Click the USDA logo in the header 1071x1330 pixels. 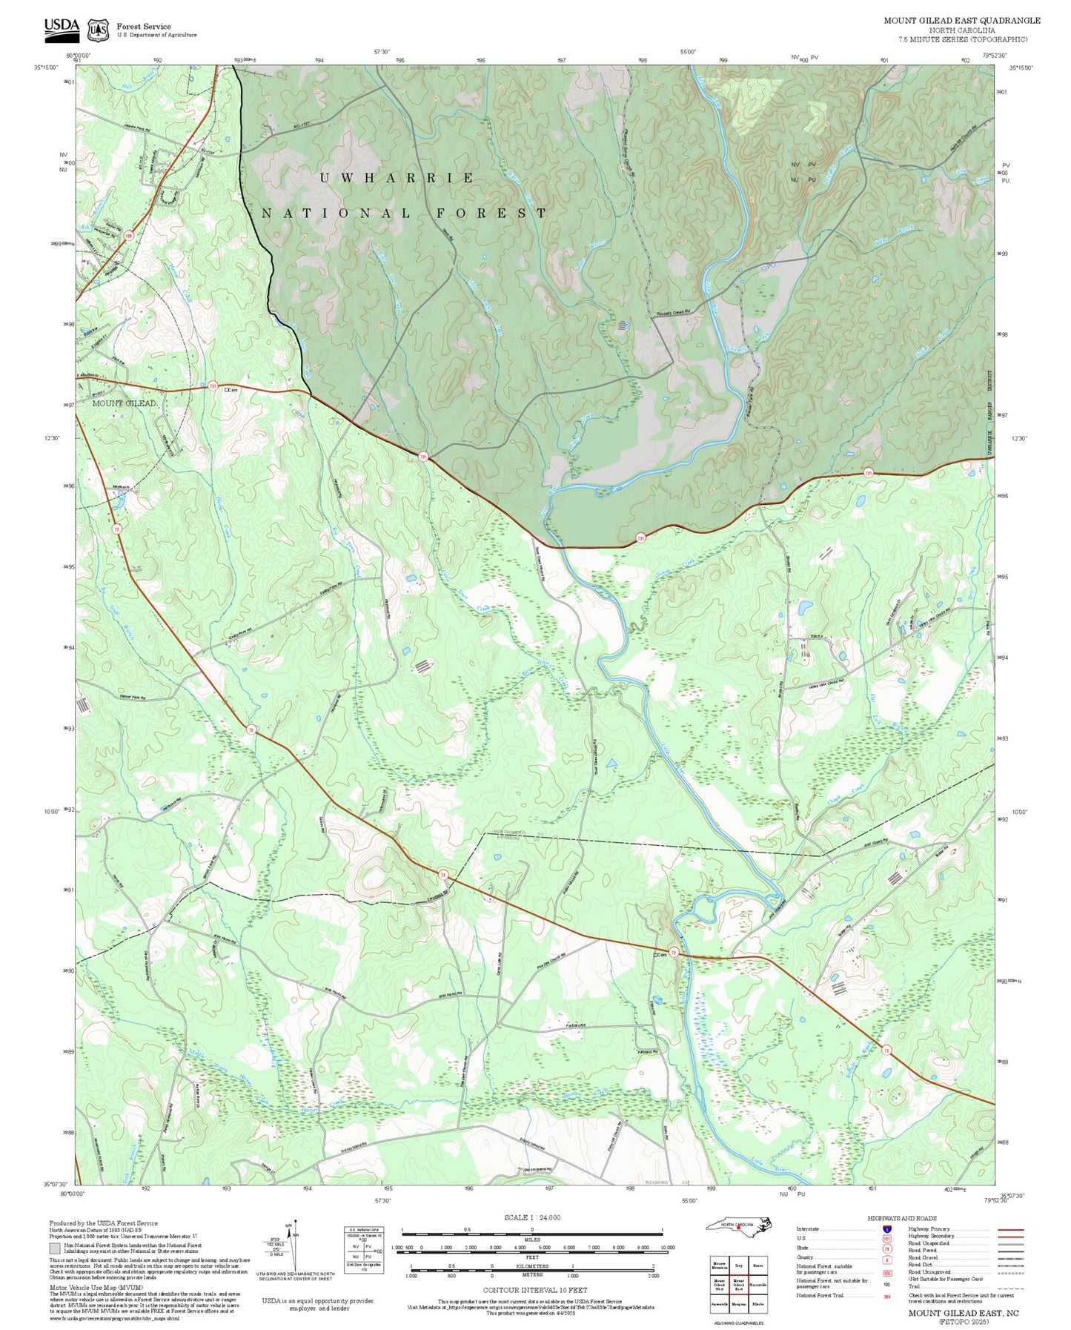click(62, 27)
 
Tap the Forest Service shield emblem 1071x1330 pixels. click(97, 30)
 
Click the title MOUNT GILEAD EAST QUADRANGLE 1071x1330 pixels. click(961, 21)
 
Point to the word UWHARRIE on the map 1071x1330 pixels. click(397, 178)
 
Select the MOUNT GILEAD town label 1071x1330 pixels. click(124, 403)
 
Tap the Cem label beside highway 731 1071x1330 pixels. click(231, 389)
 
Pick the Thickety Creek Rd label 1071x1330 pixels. click(677, 314)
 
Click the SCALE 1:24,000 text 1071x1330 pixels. click(531, 1217)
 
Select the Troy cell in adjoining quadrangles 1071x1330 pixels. click(738, 1266)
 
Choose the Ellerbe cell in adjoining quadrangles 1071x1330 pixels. click(757, 1303)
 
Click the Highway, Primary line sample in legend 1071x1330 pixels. click(1010, 1229)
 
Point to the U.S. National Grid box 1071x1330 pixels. click(363, 1251)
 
